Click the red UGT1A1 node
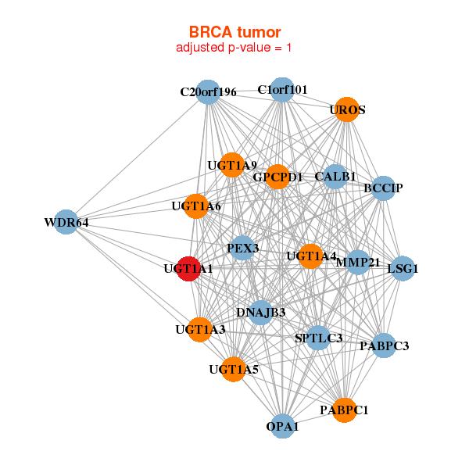(188, 268)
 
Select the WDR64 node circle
(66, 222)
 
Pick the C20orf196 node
(207, 91)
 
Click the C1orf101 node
(282, 89)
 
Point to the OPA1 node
(282, 426)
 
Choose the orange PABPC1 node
(345, 409)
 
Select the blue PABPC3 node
(383, 345)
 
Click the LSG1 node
(402, 268)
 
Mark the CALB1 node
(335, 177)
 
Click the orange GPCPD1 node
(277, 177)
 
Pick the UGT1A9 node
(232, 165)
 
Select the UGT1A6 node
(197, 206)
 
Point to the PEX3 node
(242, 248)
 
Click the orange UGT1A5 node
(234, 369)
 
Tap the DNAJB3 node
(260, 312)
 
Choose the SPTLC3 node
(319, 338)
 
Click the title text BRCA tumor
(234, 32)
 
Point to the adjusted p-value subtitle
(234, 48)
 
